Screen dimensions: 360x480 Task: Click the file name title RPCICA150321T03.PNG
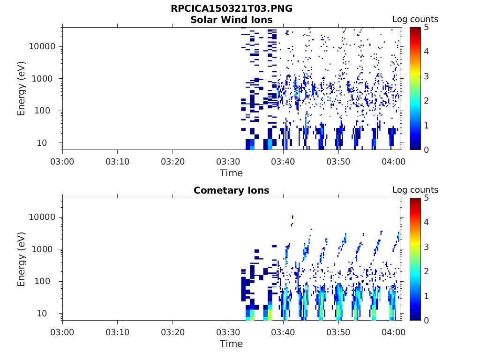coord(232,9)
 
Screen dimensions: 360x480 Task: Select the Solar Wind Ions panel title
coord(232,20)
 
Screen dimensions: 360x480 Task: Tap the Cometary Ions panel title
coord(232,190)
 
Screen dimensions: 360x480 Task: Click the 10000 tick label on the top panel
coord(43,47)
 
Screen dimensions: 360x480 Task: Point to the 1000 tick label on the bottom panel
coord(45,249)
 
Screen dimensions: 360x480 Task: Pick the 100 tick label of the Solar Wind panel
coord(47,111)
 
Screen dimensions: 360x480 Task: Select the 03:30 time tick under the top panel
coord(228,162)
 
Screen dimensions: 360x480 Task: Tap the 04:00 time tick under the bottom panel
coord(394,332)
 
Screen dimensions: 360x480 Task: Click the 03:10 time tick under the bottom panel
coord(117,332)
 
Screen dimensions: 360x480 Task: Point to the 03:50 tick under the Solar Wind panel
coord(338,162)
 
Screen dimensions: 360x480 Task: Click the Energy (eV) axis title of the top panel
coord(22,89)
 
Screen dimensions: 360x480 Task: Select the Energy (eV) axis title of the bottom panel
coord(22,259)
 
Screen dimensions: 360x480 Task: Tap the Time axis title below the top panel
coord(232,173)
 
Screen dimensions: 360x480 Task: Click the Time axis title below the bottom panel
coord(232,344)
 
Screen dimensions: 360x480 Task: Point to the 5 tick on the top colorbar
coord(426,27)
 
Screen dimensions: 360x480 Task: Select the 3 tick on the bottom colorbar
coord(426,247)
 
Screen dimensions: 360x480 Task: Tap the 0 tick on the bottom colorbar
coord(426,320)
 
